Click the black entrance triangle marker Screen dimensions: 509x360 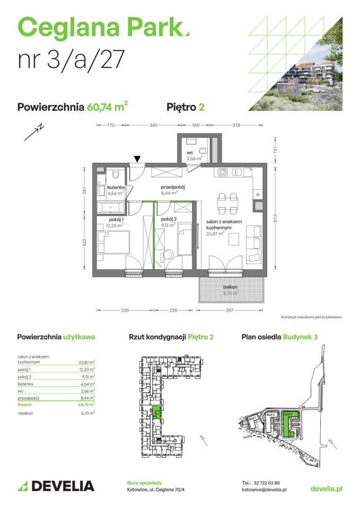point(138,159)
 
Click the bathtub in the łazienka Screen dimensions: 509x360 point(112,208)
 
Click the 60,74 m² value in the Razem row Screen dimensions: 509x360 point(86,404)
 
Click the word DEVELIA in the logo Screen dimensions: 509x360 point(63,486)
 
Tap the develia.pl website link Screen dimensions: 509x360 point(326,488)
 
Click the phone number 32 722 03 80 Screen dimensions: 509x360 point(272,483)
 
